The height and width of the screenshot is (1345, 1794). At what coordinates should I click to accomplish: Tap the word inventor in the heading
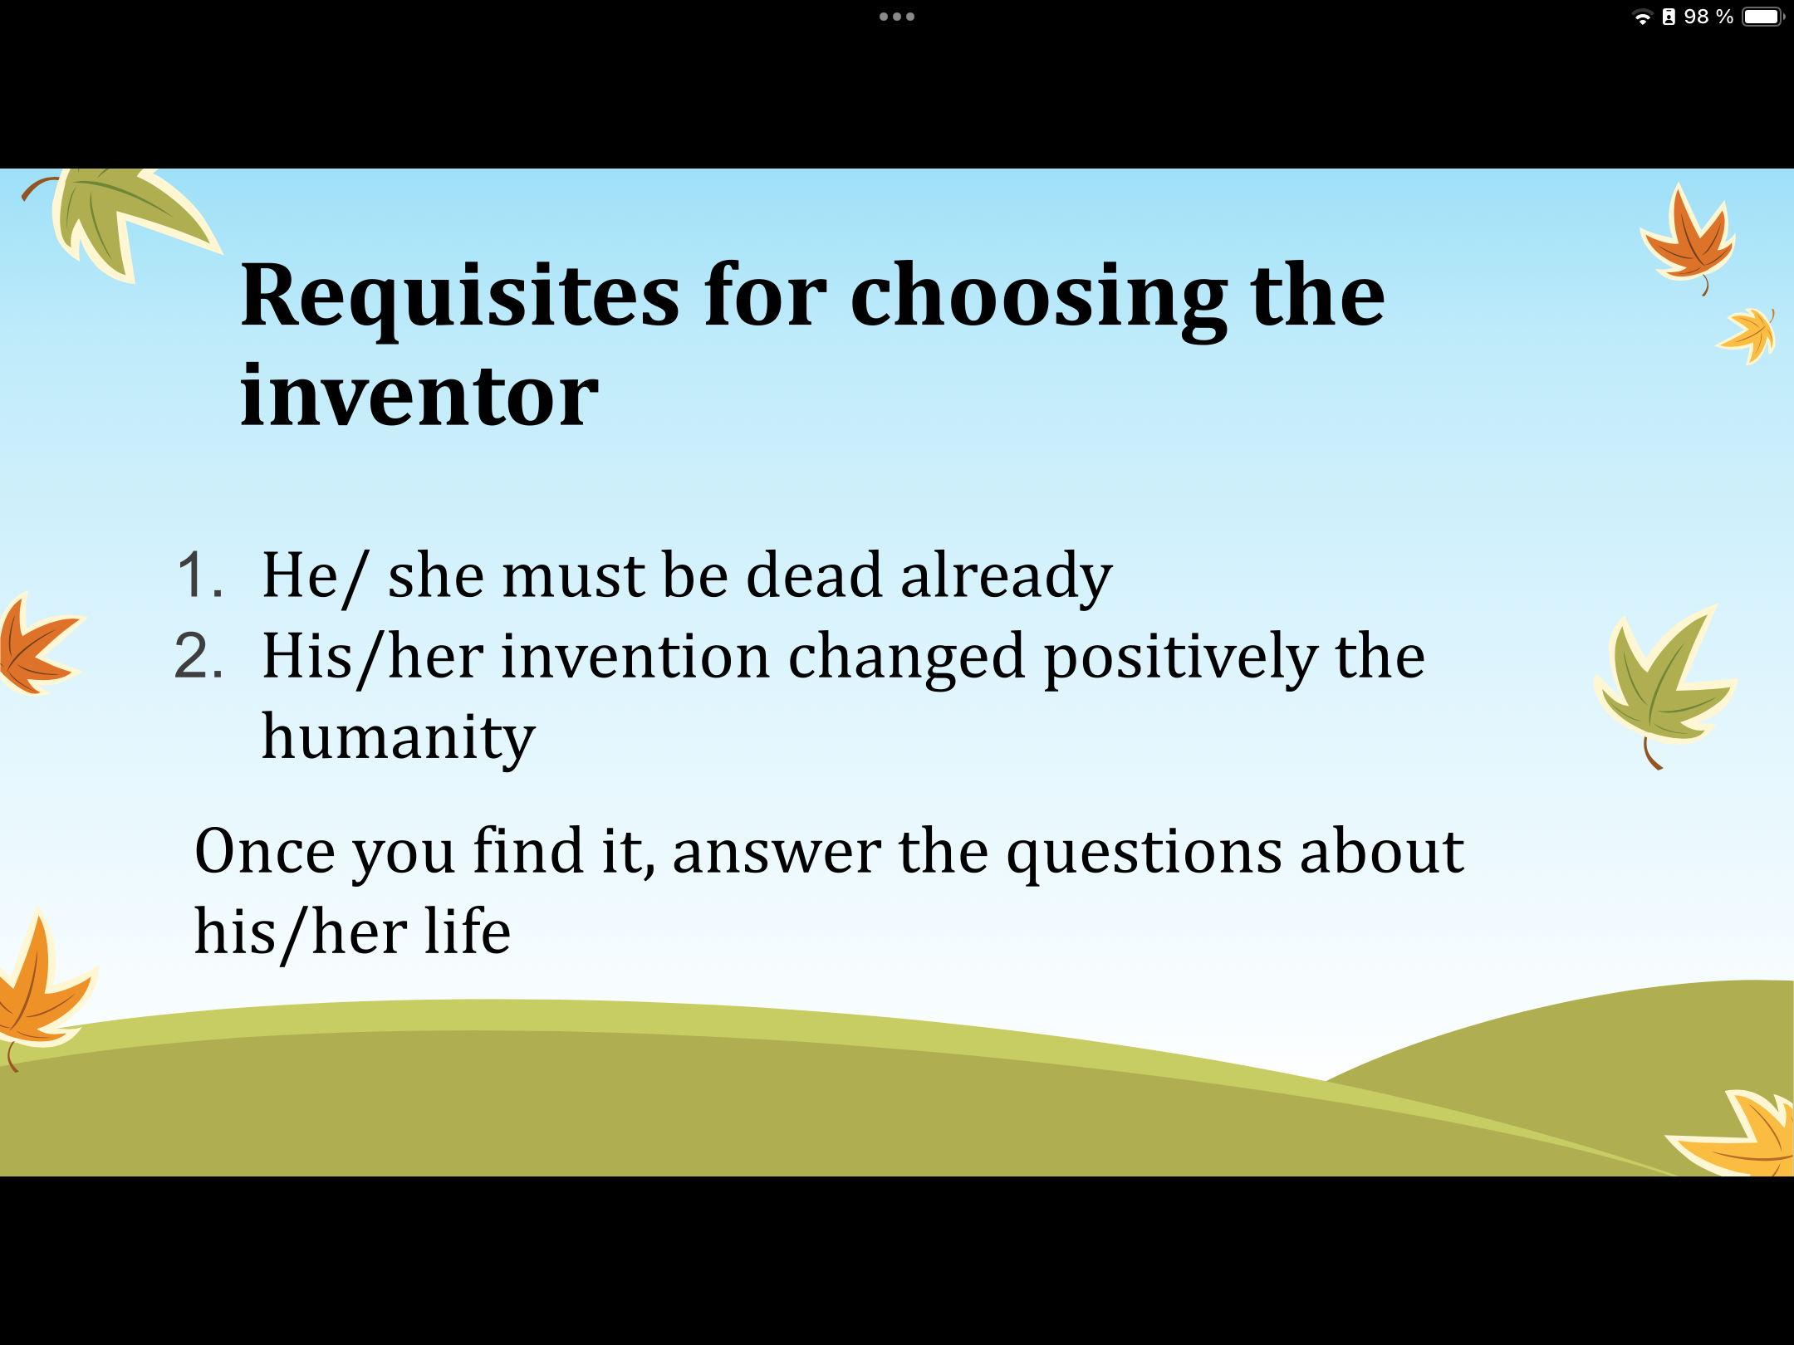tap(419, 397)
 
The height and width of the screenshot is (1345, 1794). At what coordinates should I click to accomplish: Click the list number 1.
tap(200, 575)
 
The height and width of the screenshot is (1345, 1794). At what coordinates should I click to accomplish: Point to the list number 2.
tap(199, 656)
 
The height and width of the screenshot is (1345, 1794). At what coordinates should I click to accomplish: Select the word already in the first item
tap(1007, 578)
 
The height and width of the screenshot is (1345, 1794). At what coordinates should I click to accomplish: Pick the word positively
tap(1180, 659)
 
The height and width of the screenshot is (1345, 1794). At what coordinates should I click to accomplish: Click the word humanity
tap(399, 739)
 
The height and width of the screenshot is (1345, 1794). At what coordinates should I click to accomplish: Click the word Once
tap(265, 852)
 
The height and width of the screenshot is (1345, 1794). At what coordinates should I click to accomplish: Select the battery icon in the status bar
tap(1763, 17)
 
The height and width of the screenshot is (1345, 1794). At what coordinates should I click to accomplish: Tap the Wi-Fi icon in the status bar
tap(1642, 17)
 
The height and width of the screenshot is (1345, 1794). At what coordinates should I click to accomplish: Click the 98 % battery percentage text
tap(1708, 17)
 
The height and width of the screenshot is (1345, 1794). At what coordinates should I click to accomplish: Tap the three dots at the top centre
tap(897, 17)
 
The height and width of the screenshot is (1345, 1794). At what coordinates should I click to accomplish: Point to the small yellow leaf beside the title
tap(1747, 335)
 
